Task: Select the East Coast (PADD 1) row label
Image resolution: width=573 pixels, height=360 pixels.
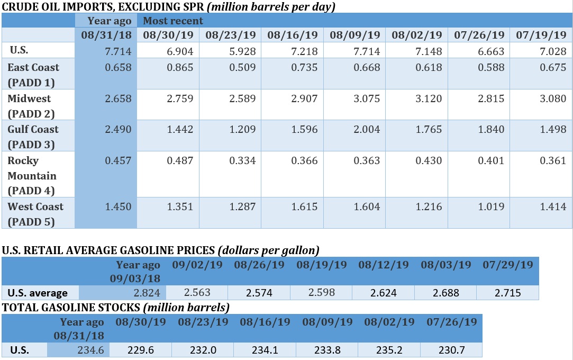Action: click(x=33, y=75)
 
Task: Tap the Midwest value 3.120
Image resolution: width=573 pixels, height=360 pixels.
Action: click(x=430, y=98)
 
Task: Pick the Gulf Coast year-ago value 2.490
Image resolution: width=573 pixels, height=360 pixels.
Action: click(x=119, y=130)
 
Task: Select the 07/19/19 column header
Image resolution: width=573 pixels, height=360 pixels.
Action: click(x=541, y=35)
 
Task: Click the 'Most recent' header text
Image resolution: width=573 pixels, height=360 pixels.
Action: click(x=173, y=21)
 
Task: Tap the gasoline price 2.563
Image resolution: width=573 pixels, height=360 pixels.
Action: click(x=197, y=293)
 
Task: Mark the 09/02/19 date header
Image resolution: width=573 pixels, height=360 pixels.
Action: click(x=198, y=264)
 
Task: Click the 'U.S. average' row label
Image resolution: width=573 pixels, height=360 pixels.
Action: click(x=38, y=293)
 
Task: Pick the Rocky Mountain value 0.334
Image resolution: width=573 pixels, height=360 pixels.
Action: click(x=243, y=160)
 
